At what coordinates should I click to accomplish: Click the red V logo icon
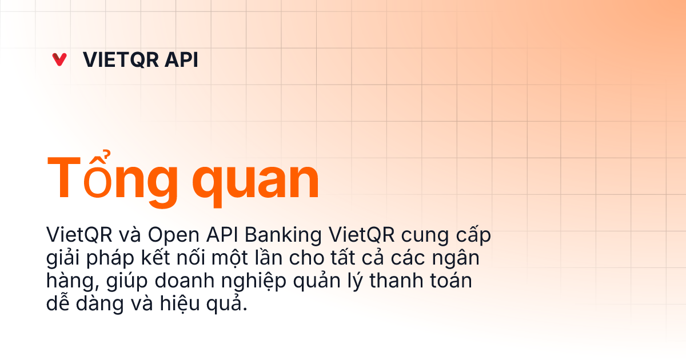click(59, 59)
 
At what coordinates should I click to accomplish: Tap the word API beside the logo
click(180, 59)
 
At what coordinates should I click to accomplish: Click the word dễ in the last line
click(57, 305)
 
